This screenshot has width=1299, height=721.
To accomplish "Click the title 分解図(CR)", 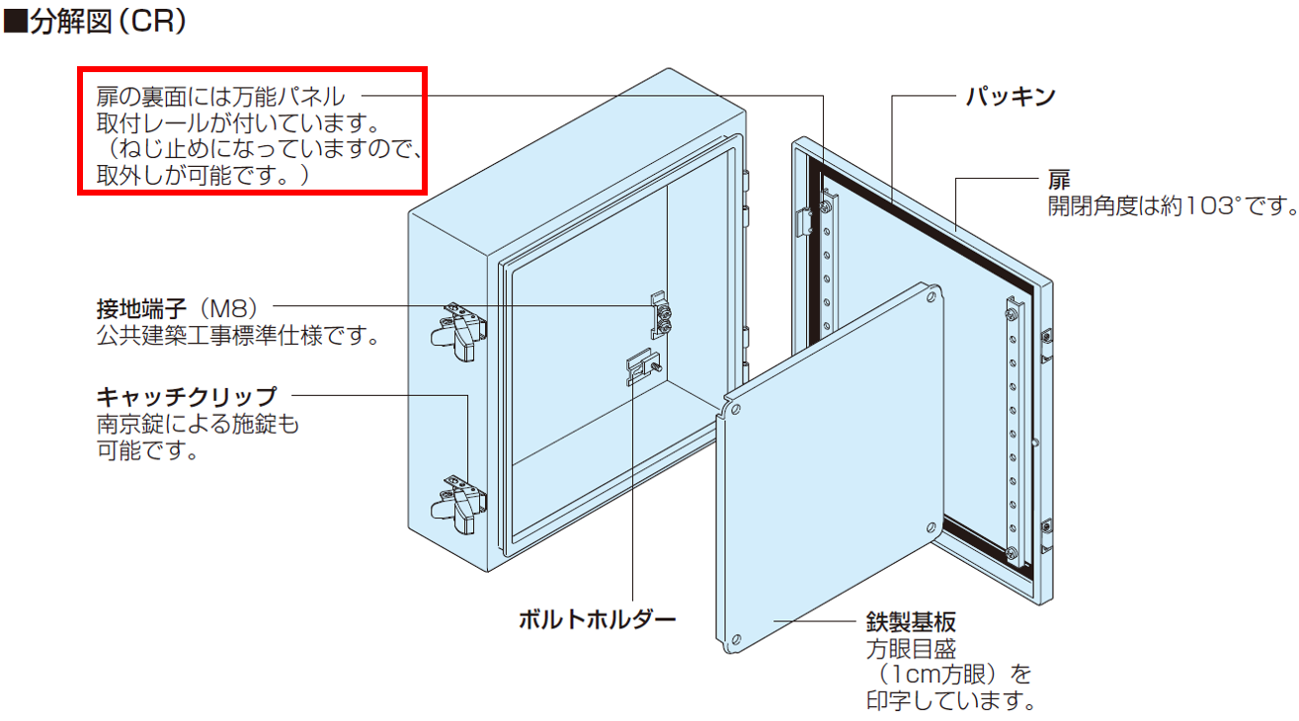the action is pos(108,21).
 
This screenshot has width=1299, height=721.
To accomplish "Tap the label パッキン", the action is pos(1011,96).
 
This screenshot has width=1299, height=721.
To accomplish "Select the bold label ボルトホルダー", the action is pos(597,619).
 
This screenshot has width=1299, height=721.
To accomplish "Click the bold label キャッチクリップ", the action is pos(187,397).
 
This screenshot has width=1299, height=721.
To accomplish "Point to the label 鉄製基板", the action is pos(911,622).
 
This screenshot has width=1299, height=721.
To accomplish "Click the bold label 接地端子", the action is pos(141,308).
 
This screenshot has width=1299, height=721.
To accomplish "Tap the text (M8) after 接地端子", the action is pos(228,308).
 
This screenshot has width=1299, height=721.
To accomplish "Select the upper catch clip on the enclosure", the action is pos(458,331).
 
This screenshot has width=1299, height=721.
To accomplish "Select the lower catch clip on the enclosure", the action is pos(458,505).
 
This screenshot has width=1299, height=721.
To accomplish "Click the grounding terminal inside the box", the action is pos(661,315).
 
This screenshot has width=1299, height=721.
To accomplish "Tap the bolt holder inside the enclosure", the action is pos(643,367).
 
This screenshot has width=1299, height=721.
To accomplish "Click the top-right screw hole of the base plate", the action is pos(932,297).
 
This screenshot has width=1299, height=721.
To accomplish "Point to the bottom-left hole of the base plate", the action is pos(736,640).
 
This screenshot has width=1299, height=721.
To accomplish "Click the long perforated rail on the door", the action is pos(1014,433).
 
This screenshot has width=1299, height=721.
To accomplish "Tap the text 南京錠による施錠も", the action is pos(198,424).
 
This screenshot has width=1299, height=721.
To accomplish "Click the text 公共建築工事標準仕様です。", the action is pos(238,335).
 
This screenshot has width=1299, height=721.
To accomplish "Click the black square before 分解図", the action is pos(16,22).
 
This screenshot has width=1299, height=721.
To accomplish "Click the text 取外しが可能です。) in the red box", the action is pos(203,175).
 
